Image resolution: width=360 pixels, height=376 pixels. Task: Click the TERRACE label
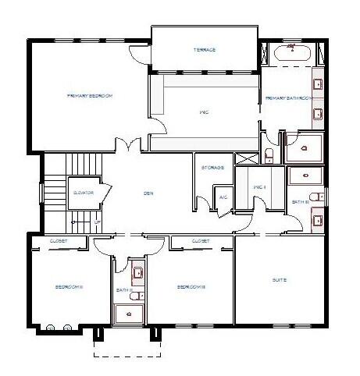[x=205, y=50]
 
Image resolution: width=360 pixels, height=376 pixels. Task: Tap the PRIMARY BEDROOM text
[x=90, y=95]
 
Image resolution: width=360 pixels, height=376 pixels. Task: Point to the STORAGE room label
[x=212, y=167]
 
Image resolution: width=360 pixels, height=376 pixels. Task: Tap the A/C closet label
[x=223, y=197]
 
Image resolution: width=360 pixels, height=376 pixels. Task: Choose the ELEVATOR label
[x=84, y=191]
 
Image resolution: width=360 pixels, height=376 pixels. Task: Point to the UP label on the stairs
[x=97, y=222]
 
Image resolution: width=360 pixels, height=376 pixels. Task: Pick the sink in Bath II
[x=137, y=273]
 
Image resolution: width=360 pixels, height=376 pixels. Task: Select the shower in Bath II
[x=130, y=313]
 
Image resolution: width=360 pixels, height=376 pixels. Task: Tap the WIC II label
[x=261, y=187]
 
